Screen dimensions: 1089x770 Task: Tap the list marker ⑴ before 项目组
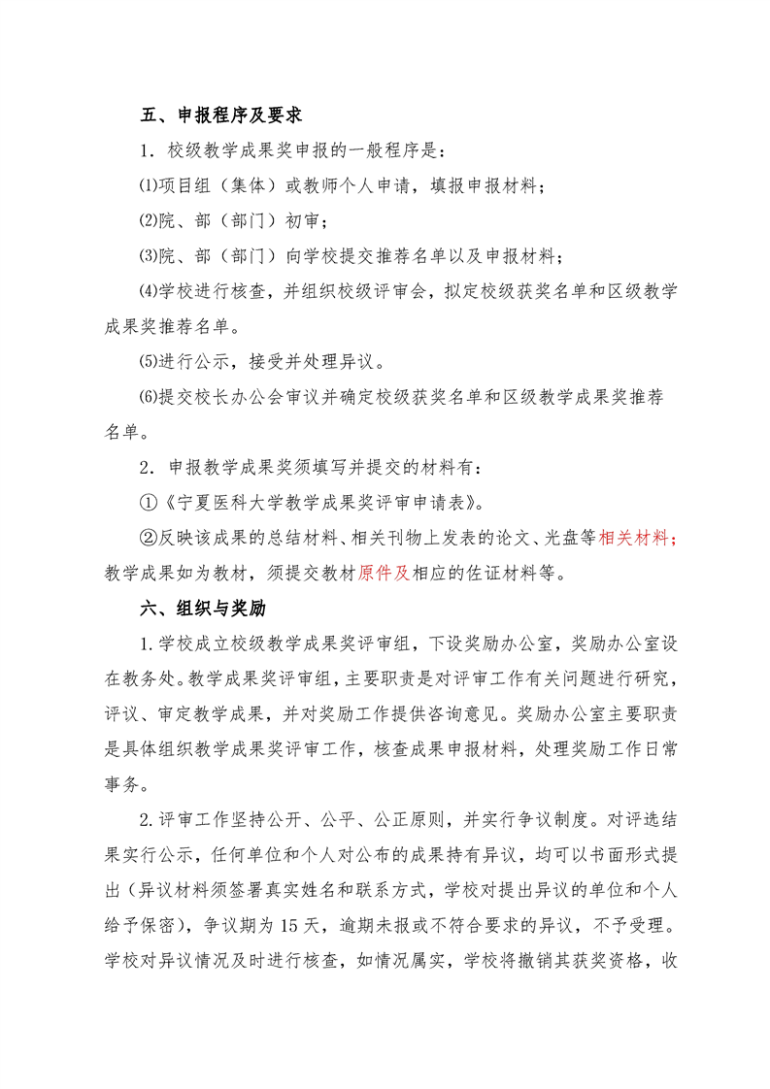pyautogui.click(x=148, y=186)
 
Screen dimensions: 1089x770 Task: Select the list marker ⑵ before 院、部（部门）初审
pyautogui.click(x=148, y=221)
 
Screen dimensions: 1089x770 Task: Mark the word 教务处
pyautogui.click(x=156, y=679)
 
